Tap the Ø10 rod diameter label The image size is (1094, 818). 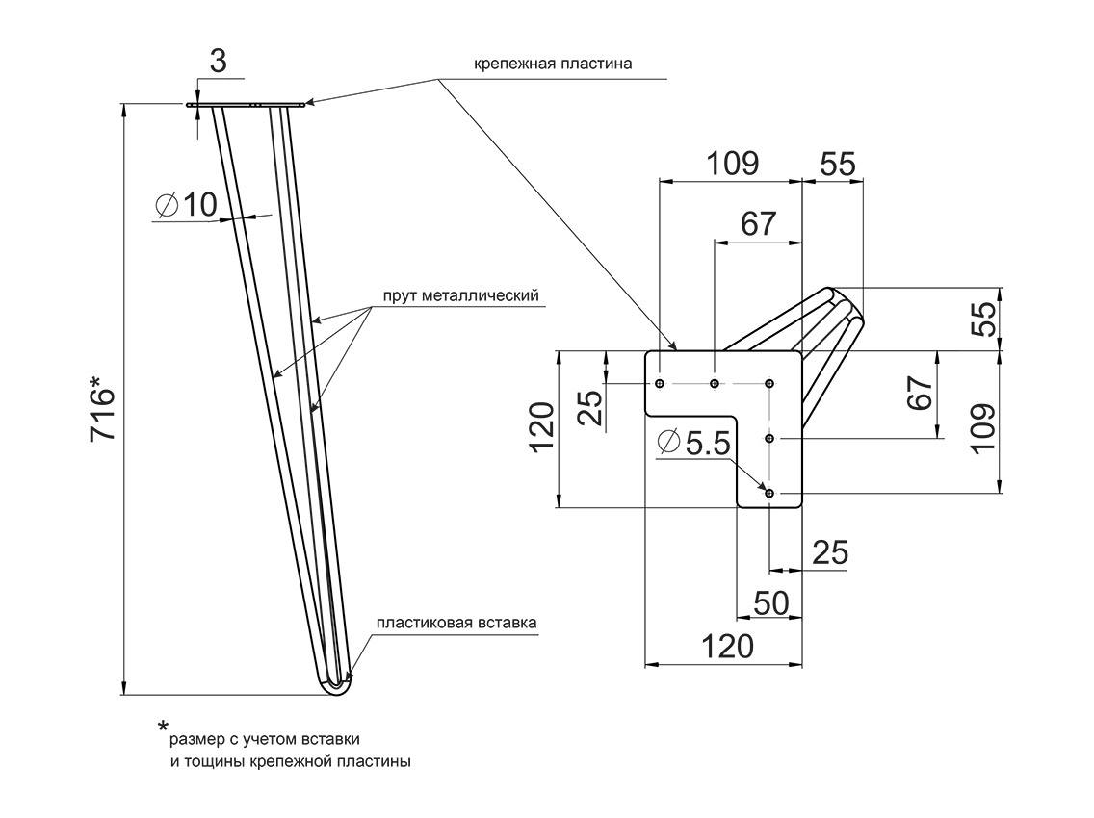tap(187, 204)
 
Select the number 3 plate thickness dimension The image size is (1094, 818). tap(218, 62)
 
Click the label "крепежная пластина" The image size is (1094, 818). tap(553, 65)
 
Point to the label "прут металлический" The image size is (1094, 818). tap(459, 296)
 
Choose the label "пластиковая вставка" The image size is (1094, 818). tap(456, 623)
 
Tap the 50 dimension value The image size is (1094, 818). tap(770, 602)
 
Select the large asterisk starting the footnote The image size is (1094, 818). tap(163, 727)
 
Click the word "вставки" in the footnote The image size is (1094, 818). tap(330, 740)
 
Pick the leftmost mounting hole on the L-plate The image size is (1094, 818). tap(660, 384)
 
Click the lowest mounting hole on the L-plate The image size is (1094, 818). tap(769, 493)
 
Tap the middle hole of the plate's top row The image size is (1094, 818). tap(714, 384)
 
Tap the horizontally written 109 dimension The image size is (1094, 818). tap(732, 164)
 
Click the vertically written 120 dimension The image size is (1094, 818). tap(541, 427)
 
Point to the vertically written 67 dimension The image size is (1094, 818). tap(920, 394)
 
